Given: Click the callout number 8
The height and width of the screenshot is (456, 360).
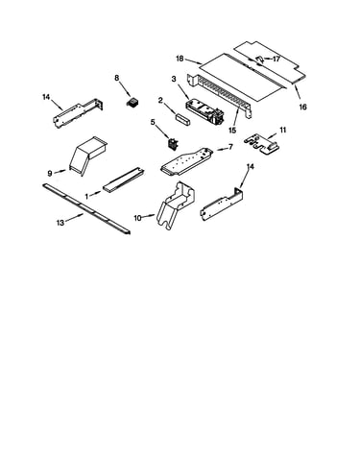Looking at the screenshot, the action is tap(117, 78).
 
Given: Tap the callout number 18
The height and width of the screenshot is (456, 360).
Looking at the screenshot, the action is tap(180, 59).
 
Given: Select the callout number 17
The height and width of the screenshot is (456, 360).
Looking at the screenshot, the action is tap(276, 59).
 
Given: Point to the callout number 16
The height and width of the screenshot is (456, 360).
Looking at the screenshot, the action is tap(302, 107).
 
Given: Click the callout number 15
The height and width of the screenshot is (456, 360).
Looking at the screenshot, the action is tap(232, 131).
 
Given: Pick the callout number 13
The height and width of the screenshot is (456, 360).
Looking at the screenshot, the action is tap(60, 223).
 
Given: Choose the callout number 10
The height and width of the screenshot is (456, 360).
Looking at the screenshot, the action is tap(137, 218).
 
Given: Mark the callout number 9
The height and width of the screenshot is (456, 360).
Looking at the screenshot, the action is tap(50, 174).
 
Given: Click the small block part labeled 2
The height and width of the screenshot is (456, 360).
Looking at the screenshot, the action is tap(182, 118).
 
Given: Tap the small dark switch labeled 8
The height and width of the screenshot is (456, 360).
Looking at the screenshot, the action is tap(132, 104).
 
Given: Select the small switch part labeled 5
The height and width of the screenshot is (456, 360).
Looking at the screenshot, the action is tap(173, 144).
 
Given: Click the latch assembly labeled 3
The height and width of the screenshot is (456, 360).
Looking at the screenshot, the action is tap(204, 112).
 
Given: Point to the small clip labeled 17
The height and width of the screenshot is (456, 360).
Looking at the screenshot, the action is tap(260, 60).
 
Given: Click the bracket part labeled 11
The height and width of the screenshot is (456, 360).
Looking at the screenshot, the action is tap(263, 145).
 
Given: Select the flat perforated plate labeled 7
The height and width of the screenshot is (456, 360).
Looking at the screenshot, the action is tap(187, 161).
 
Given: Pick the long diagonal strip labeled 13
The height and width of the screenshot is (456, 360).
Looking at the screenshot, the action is tap(86, 208).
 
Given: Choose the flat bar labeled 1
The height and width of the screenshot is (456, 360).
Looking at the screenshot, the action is tap(124, 180).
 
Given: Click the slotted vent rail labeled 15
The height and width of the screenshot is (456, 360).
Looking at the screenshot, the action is tap(220, 95).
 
